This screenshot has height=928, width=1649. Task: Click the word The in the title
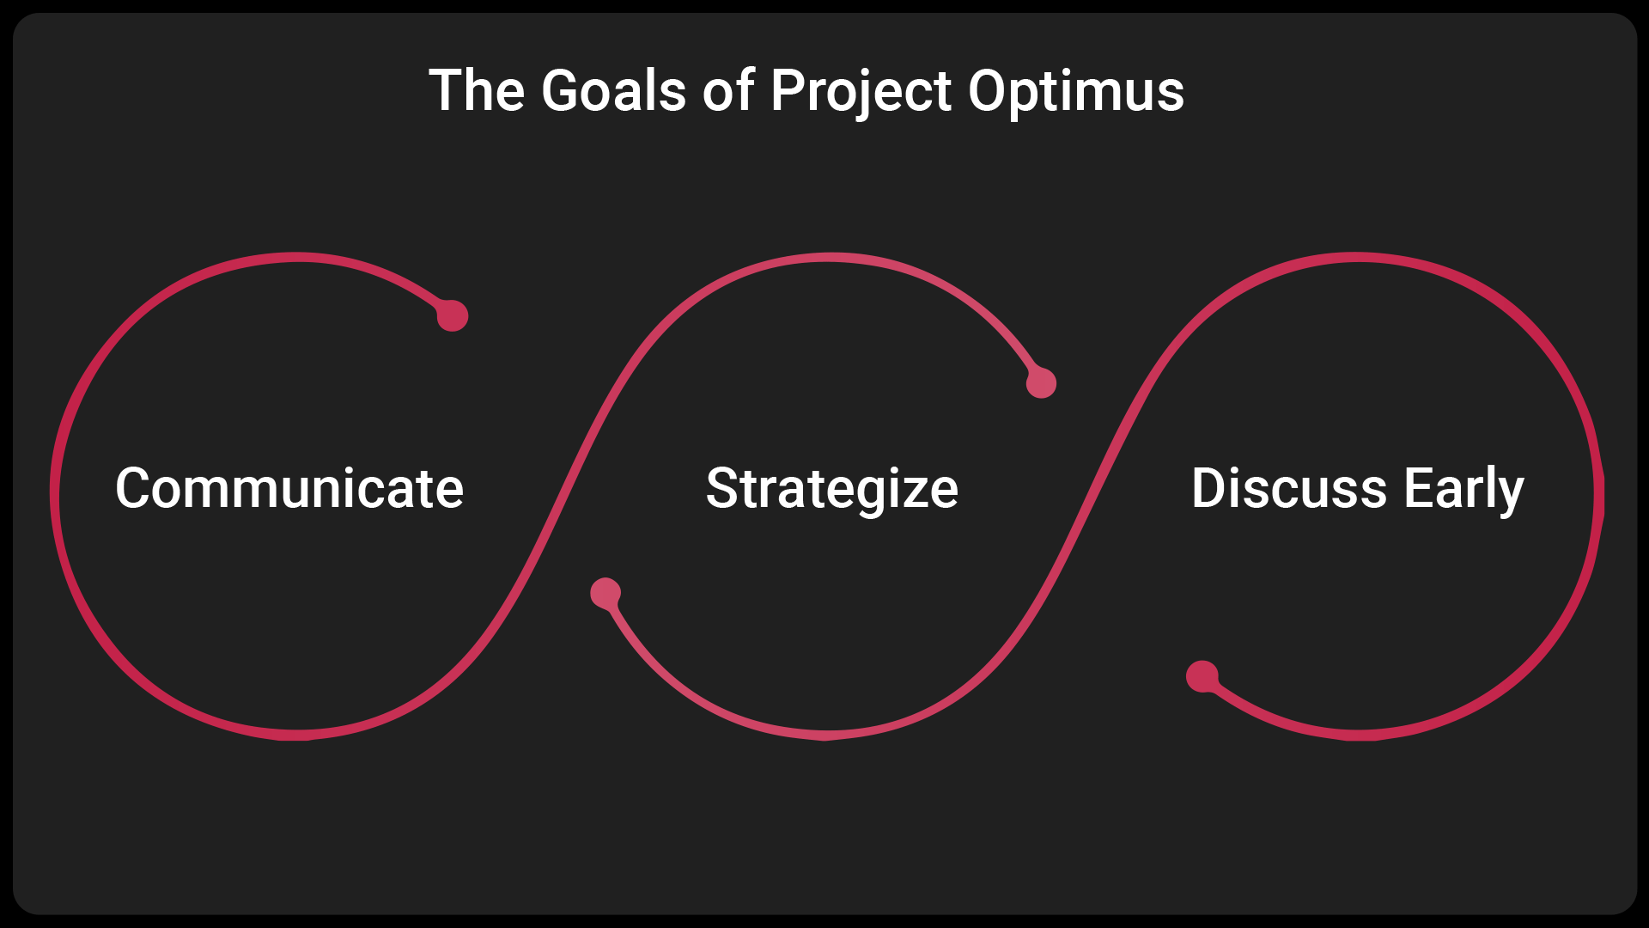coord(477,91)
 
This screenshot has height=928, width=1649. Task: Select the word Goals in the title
coord(614,91)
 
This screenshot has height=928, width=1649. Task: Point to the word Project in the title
coord(861,94)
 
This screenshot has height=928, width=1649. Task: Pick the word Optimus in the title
coord(1077,94)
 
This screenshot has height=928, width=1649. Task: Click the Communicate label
coord(289,488)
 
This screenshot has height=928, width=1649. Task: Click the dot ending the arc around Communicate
coord(453,315)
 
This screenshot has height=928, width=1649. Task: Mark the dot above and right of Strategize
coord(1041,382)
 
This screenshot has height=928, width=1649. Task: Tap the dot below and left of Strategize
coord(605,593)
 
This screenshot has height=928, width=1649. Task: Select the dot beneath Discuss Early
coord(1202,676)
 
